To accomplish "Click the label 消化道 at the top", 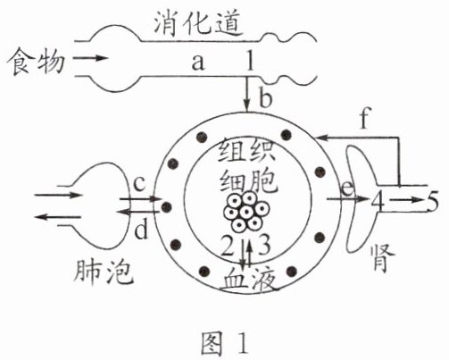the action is tap(198, 23).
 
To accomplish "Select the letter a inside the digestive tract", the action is tap(198, 63).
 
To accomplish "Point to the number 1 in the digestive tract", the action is tap(250, 60).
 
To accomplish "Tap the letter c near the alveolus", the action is tap(139, 184).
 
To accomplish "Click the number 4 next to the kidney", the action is tap(378, 201).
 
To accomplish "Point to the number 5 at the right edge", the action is tap(433, 201).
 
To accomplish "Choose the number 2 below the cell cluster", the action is tap(228, 245).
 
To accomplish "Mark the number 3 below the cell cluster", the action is tap(264, 245).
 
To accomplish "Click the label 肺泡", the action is tap(104, 272).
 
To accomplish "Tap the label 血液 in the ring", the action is tap(249, 279).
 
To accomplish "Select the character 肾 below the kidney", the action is tap(383, 258).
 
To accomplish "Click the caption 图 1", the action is tap(224, 343).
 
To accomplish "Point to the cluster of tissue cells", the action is tap(246, 212).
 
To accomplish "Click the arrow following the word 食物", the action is tap(90, 58).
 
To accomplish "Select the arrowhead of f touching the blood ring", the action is tap(322, 138).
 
